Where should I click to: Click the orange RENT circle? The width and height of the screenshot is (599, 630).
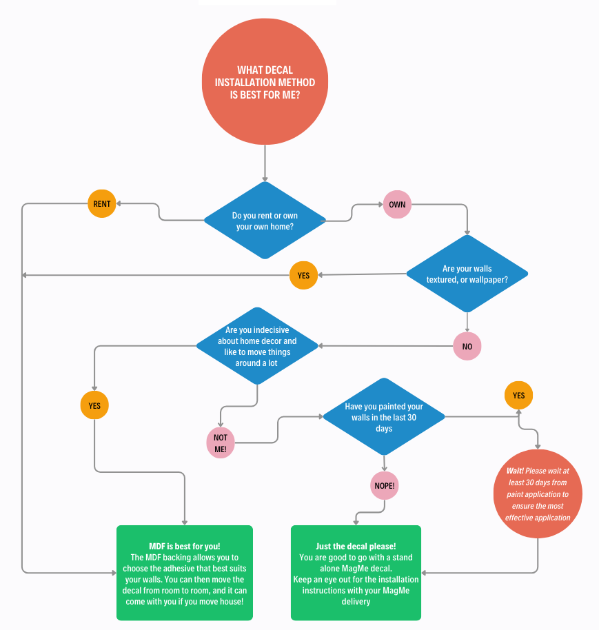pyautogui.click(x=102, y=204)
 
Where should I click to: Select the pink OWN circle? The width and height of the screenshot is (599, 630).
pyautogui.click(x=397, y=205)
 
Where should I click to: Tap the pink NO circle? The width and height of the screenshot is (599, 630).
pyautogui.click(x=467, y=346)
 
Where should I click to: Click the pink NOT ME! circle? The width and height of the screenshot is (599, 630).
pyautogui.click(x=220, y=443)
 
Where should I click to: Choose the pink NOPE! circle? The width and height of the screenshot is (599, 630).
pyautogui.click(x=385, y=486)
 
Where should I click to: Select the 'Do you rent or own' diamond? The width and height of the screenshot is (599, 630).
pyautogui.click(x=265, y=221)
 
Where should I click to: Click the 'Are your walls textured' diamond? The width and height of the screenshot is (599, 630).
pyautogui.click(x=467, y=274)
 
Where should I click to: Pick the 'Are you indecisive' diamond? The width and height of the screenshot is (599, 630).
pyautogui.click(x=257, y=346)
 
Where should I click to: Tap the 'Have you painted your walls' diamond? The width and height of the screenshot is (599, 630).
pyautogui.click(x=384, y=417)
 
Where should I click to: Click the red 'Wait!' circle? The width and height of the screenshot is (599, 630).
pyautogui.click(x=538, y=494)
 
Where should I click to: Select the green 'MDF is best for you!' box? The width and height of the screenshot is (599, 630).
pyautogui.click(x=185, y=572)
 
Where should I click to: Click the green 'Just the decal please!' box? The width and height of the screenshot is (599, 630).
pyautogui.click(x=356, y=572)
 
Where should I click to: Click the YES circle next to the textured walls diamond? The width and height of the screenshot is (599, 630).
pyautogui.click(x=303, y=275)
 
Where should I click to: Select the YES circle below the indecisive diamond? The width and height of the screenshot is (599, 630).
pyautogui.click(x=94, y=405)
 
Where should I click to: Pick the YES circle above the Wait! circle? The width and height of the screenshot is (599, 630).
pyautogui.click(x=518, y=395)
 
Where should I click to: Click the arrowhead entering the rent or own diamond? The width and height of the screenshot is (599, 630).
pyautogui.click(x=265, y=179)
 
